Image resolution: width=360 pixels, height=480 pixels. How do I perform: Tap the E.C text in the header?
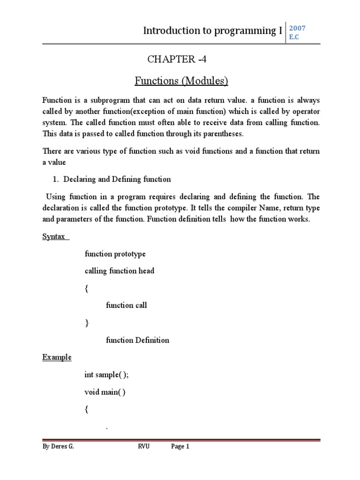click(x=294, y=37)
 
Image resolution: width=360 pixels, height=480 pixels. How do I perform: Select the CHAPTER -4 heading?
click(x=177, y=60)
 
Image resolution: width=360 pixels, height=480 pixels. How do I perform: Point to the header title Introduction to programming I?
click(x=212, y=31)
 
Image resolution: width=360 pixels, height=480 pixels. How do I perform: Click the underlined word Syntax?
click(x=54, y=237)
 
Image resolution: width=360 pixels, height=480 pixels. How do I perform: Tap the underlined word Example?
click(x=57, y=357)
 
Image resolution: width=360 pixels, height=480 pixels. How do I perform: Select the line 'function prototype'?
click(x=115, y=254)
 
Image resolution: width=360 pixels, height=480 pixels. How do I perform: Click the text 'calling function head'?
click(x=119, y=271)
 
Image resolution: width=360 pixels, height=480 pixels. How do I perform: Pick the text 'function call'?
click(x=126, y=306)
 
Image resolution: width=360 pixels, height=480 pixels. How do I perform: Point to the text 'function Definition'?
click(x=137, y=340)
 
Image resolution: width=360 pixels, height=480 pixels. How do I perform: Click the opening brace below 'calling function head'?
click(x=86, y=288)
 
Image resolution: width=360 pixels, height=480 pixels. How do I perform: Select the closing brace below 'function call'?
click(x=86, y=323)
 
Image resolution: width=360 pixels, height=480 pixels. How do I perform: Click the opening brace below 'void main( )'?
click(x=86, y=409)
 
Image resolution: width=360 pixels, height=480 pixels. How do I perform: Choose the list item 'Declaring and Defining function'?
click(x=117, y=179)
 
